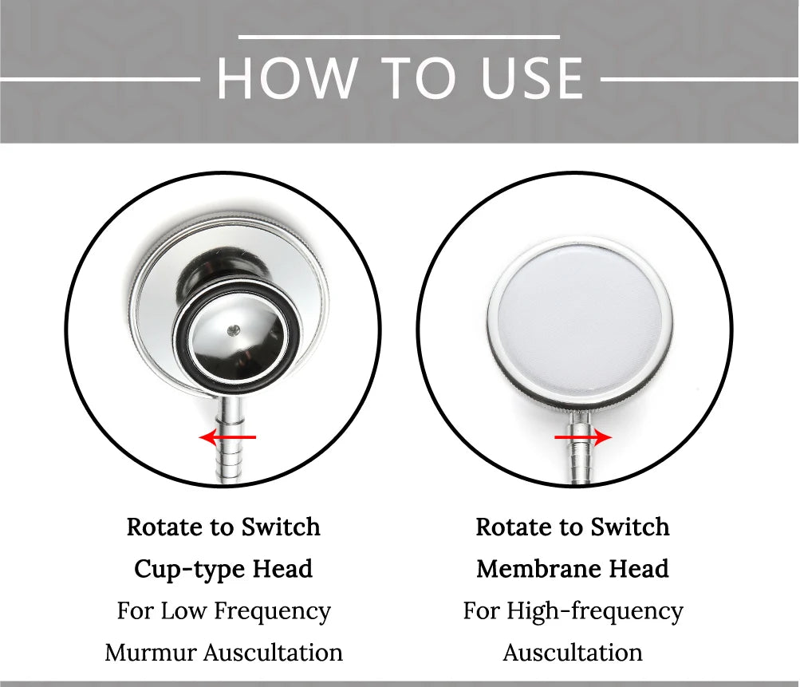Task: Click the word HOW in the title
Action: (x=287, y=78)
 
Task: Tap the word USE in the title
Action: (x=532, y=78)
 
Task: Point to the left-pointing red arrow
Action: (x=227, y=437)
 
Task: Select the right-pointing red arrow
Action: (x=583, y=437)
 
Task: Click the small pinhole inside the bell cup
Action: (x=234, y=331)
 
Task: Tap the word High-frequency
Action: (x=595, y=611)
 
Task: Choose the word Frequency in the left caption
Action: (x=272, y=611)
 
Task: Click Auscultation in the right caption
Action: (x=573, y=653)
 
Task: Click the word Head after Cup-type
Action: (x=282, y=569)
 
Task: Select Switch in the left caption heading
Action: (x=281, y=527)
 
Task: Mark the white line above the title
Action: (x=399, y=37)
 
